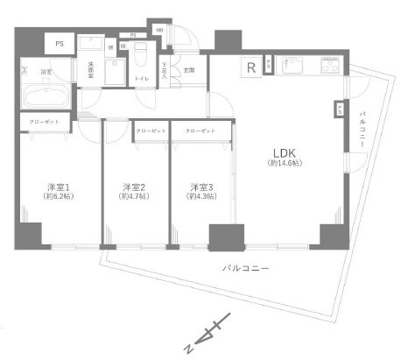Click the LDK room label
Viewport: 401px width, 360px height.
(282, 150)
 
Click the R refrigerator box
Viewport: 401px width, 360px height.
(251, 67)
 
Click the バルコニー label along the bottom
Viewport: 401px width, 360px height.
(239, 268)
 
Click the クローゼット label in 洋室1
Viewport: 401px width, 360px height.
(45, 122)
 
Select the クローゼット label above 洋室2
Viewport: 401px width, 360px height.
(150, 131)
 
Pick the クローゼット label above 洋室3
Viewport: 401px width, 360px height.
(200, 131)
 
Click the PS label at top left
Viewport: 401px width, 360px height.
(60, 42)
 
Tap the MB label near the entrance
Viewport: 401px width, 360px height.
(159, 31)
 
